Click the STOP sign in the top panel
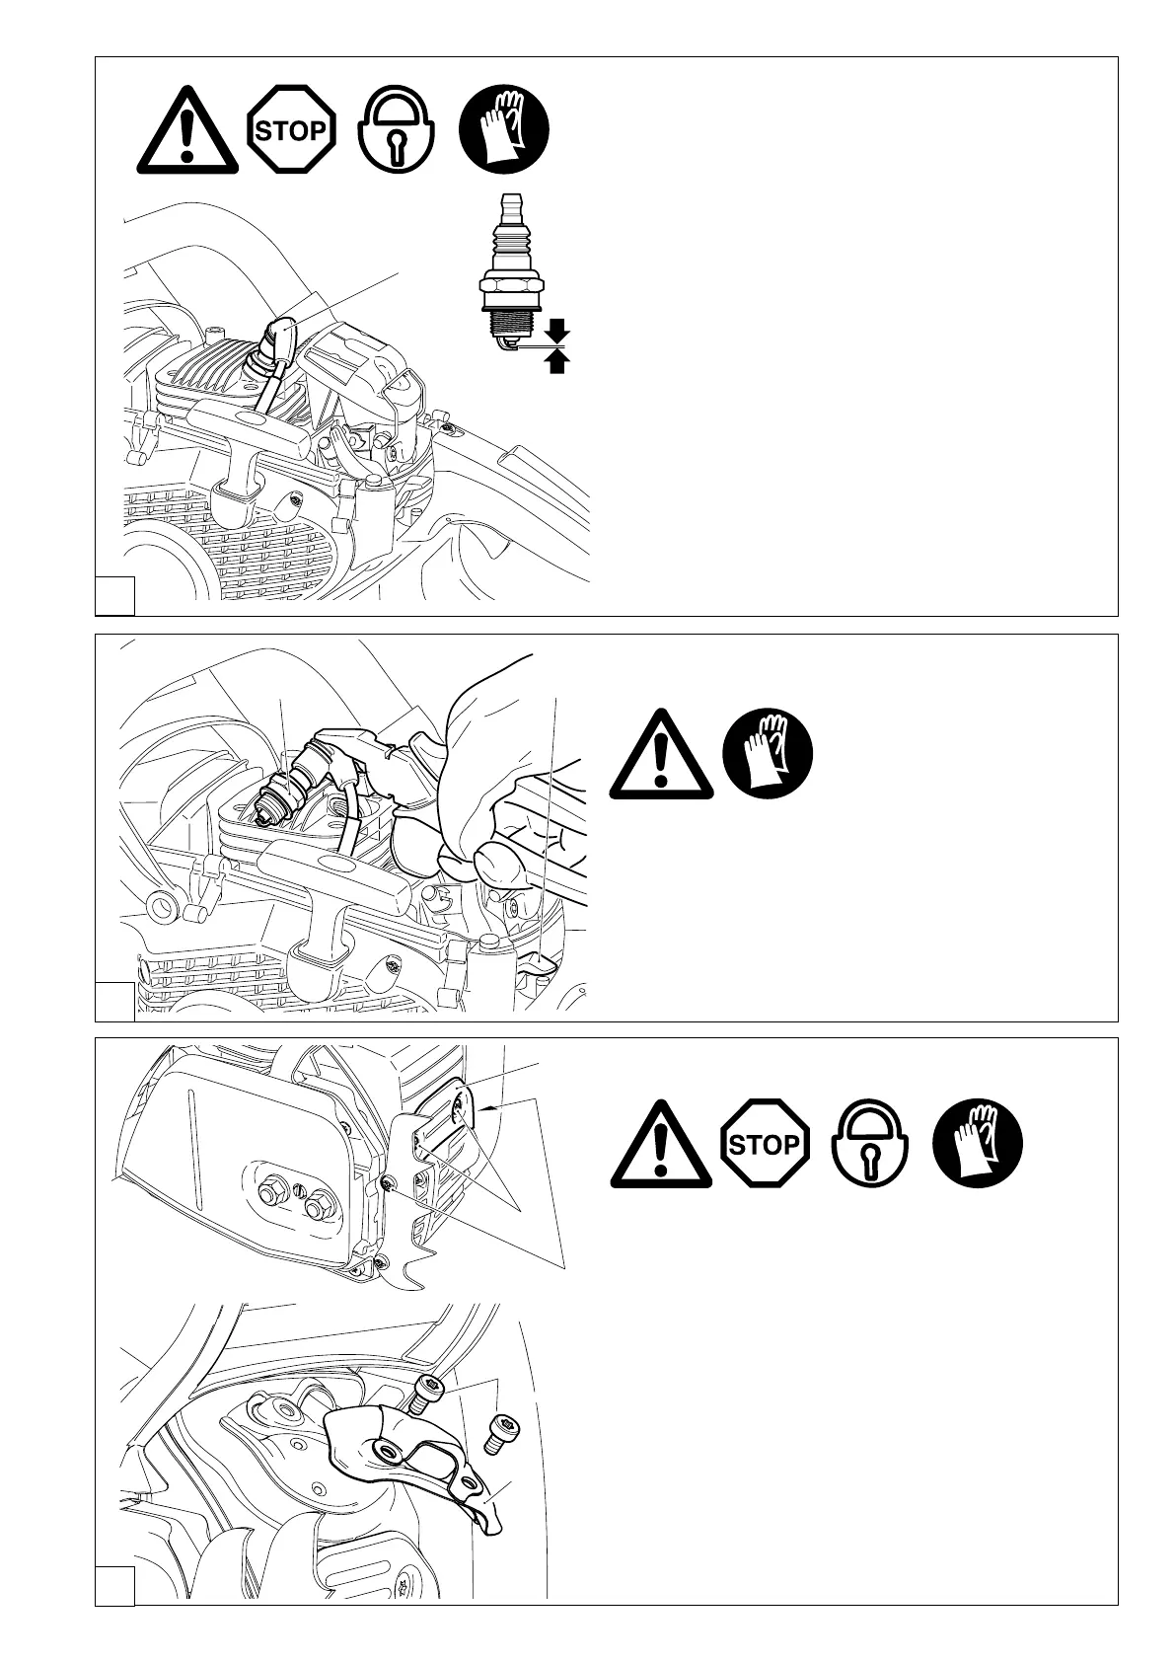[291, 130]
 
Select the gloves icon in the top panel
[505, 130]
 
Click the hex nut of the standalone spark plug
[511, 287]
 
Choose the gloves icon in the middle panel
[769, 757]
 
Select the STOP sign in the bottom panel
[765, 1145]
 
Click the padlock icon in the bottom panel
[871, 1145]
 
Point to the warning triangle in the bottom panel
[660, 1145]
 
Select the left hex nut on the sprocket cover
[271, 1194]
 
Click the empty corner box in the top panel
[114, 595]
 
